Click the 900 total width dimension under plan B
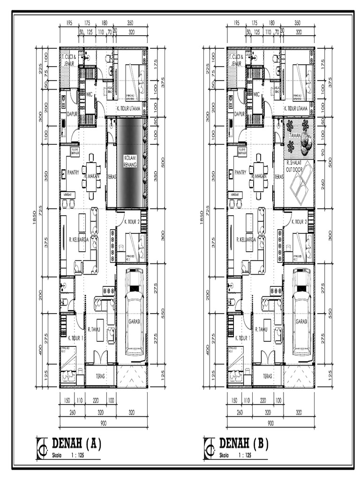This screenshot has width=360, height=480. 270,423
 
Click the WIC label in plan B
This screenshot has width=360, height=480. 256,94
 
